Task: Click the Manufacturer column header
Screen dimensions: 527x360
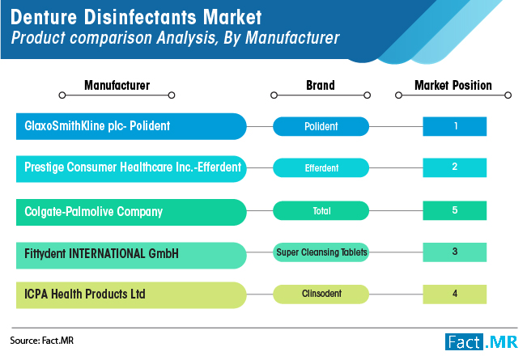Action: coord(117,85)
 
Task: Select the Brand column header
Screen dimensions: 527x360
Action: coord(321,85)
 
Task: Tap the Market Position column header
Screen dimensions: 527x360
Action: coord(453,85)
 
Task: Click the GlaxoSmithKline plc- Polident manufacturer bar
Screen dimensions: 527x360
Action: coord(131,126)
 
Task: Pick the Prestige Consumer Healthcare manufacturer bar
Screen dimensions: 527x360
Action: coord(131,169)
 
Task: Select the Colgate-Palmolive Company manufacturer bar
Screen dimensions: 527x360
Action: coord(131,212)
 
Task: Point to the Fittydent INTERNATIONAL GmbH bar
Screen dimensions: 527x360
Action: coord(131,255)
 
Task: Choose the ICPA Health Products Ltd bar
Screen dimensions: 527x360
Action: coord(131,295)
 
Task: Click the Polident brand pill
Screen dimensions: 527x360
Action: coord(321,126)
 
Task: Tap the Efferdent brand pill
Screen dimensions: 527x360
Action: coord(321,167)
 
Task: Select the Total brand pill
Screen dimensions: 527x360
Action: coord(321,210)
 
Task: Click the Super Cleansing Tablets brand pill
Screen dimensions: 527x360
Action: coord(321,252)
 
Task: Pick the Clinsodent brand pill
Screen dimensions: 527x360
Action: coord(321,294)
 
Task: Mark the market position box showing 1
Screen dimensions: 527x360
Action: coord(454,126)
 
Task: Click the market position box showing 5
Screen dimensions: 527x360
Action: coord(454,210)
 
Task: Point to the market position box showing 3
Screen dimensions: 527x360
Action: coord(454,252)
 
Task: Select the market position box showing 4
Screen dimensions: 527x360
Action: coord(454,294)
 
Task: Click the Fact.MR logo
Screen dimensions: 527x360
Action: coord(482,342)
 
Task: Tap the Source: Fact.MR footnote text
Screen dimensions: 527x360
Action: coord(41,341)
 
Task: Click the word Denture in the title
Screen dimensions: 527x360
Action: coord(44,17)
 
